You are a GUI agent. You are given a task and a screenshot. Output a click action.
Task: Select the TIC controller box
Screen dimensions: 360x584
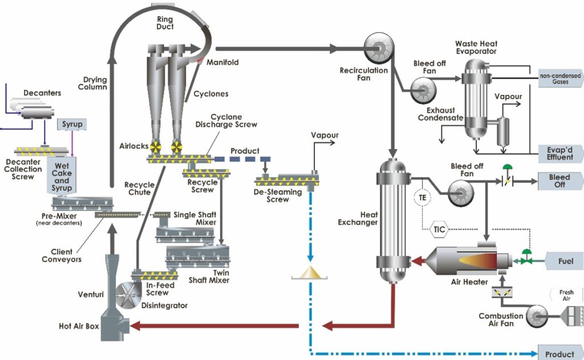coord(439,230)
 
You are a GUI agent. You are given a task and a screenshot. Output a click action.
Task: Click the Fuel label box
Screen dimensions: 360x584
coord(561,261)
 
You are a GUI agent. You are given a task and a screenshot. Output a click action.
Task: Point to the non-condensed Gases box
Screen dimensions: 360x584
coord(560,78)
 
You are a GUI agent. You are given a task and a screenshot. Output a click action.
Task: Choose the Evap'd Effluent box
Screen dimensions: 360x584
coord(560,153)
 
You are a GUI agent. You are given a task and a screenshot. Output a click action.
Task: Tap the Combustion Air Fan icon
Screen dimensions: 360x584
coord(538,315)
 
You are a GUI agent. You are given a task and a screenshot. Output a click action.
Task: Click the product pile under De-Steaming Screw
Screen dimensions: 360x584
coord(311,273)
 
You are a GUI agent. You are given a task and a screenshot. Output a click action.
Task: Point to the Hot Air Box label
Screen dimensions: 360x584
coord(79,327)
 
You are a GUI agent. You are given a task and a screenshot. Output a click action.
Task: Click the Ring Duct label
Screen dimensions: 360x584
coord(165,22)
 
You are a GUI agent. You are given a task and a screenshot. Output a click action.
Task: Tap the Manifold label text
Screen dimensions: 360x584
coord(222,62)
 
